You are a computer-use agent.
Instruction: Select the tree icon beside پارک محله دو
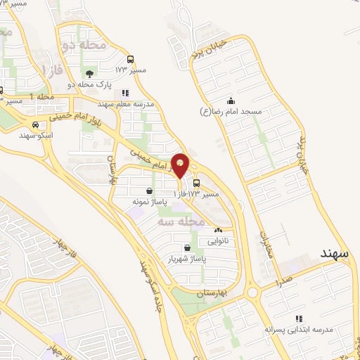pos(89,72)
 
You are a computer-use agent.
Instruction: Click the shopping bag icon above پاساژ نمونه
pos(149,191)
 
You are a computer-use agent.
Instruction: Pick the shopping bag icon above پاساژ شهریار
pos(186,247)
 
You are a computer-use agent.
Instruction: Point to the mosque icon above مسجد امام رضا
pos(230,101)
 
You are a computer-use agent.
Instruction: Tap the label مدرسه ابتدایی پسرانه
pos(302,328)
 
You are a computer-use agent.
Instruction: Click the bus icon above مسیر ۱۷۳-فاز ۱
pos(196,182)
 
